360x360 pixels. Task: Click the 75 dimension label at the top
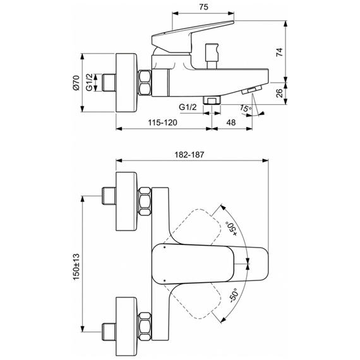203,7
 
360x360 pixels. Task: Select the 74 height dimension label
279,52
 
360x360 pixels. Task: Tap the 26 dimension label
279,93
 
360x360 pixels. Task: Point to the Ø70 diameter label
76,83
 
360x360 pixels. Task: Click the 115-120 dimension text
162,123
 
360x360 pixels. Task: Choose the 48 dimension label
231,123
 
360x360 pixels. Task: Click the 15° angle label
246,108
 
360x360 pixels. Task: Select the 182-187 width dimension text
189,155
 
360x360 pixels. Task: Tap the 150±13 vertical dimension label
76,267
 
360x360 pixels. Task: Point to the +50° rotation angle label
232,229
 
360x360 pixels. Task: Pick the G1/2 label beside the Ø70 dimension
89,82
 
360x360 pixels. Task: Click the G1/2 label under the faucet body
188,107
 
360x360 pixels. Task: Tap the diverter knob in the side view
212,56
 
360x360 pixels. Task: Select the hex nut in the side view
145,83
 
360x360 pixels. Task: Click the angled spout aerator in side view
251,90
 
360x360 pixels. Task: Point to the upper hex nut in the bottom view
145,201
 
